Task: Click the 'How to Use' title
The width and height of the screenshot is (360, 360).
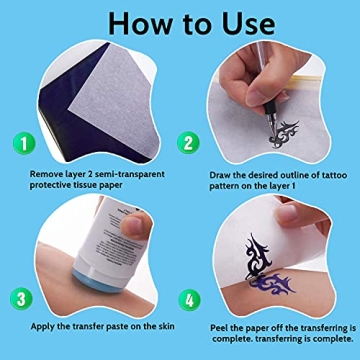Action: [180, 22]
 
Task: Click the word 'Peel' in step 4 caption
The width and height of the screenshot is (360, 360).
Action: [221, 327]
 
